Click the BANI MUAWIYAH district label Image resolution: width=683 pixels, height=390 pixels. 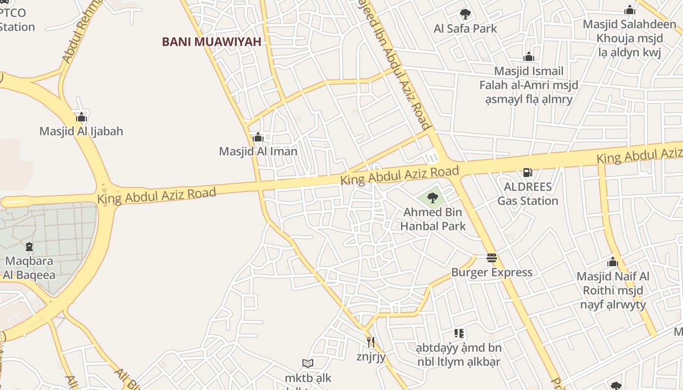212,42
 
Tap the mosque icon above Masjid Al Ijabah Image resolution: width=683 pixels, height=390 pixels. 81,117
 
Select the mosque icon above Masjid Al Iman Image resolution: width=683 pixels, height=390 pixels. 258,137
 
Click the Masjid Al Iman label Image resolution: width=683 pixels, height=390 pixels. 258,151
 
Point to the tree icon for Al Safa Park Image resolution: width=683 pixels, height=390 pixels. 465,14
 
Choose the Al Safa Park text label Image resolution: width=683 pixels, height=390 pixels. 465,29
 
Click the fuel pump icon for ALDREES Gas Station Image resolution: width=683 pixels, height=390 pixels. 527,172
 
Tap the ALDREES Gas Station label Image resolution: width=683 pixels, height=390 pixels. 528,194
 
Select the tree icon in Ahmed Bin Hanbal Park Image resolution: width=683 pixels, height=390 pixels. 432,197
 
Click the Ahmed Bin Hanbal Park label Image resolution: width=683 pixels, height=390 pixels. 433,219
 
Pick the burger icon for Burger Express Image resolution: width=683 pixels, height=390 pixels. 492,258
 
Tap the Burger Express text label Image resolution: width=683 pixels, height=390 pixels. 492,272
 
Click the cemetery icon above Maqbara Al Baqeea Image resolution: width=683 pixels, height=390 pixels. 29,247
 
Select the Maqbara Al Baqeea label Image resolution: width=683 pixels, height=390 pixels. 29,268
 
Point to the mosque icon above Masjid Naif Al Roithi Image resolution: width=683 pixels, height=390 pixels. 613,262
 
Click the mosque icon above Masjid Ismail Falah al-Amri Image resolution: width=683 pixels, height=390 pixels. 528,57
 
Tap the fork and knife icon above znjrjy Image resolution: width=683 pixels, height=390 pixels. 371,342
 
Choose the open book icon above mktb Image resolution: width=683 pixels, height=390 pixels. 307,363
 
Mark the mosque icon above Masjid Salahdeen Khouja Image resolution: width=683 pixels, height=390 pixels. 630,10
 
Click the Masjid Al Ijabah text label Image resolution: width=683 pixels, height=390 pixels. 81,131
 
